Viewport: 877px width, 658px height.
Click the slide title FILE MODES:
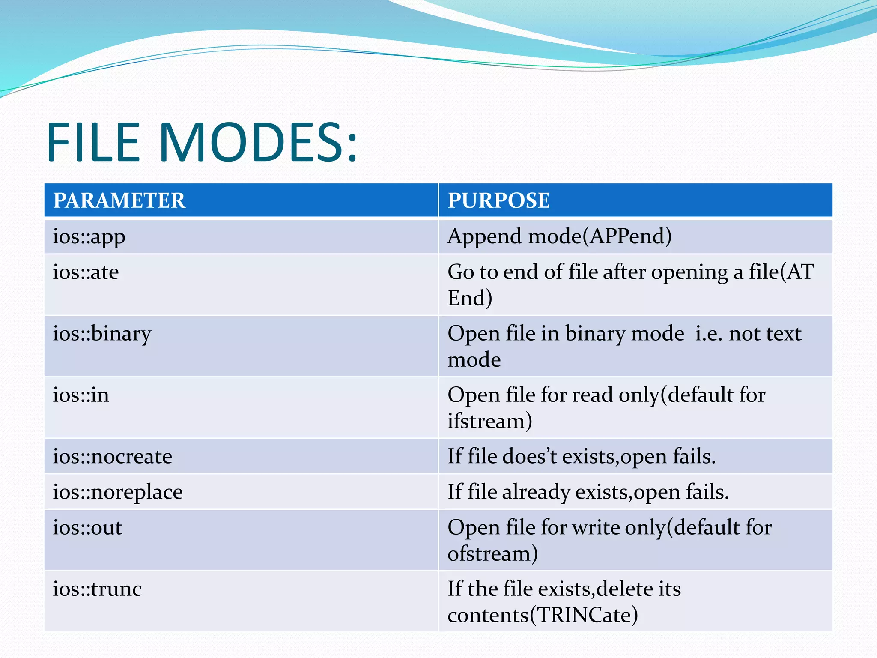point(201,142)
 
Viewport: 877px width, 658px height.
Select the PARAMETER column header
point(119,200)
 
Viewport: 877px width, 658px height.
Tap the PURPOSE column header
point(498,200)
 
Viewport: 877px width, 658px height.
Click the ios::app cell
point(89,237)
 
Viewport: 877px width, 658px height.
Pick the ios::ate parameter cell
point(86,272)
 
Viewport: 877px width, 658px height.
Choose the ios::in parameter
point(81,395)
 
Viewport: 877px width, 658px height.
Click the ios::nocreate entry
point(112,457)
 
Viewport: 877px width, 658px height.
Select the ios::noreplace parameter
point(117,492)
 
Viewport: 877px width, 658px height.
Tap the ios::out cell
point(87,528)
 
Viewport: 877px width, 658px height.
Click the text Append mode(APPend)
point(559,237)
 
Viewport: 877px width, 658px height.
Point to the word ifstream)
point(490,421)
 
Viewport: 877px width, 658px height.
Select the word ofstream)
point(492,554)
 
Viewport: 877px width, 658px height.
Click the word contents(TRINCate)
point(543,616)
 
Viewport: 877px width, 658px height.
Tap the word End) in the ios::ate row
point(470,299)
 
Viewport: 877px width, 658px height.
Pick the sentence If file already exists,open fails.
point(588,492)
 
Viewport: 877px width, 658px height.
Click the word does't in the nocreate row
point(529,457)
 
